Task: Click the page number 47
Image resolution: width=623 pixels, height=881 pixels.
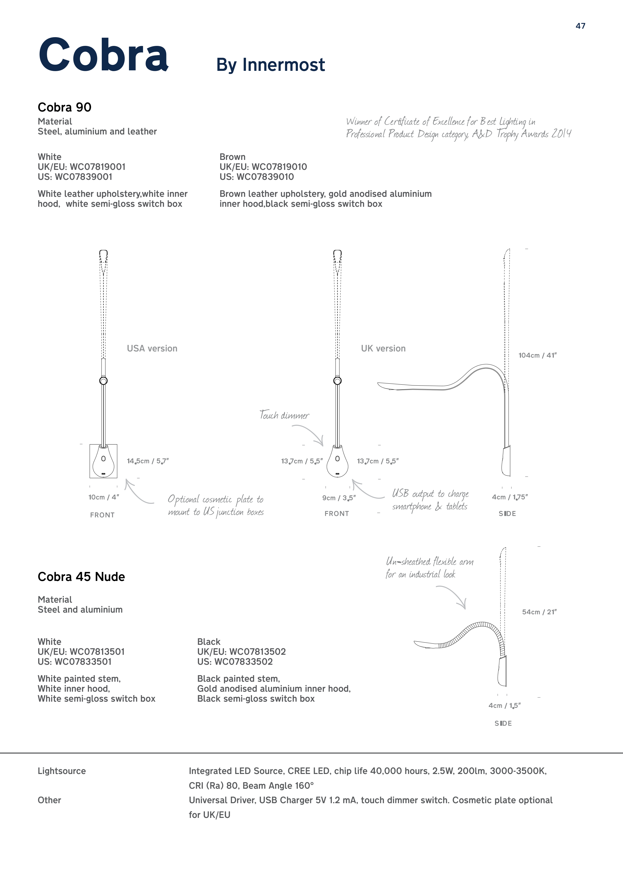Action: click(580, 26)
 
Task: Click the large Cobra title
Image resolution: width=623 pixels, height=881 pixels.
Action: click(103, 55)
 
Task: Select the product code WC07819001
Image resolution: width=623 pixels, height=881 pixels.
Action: click(98, 167)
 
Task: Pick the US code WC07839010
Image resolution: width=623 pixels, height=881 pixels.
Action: click(265, 177)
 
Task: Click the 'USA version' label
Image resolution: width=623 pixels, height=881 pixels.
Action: click(152, 348)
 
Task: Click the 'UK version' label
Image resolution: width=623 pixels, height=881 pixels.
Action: click(383, 348)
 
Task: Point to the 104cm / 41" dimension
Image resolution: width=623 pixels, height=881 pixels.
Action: click(537, 355)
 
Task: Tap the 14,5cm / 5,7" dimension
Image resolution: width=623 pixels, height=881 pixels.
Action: click(148, 461)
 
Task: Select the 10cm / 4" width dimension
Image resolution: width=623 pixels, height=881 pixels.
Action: click(104, 497)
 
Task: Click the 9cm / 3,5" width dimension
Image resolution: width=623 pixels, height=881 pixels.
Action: click(339, 498)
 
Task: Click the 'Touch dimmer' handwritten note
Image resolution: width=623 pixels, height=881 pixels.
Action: click(284, 415)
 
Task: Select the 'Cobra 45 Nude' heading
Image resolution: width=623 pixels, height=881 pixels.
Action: click(81, 577)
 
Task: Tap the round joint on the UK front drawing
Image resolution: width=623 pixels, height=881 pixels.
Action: click(337, 381)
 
